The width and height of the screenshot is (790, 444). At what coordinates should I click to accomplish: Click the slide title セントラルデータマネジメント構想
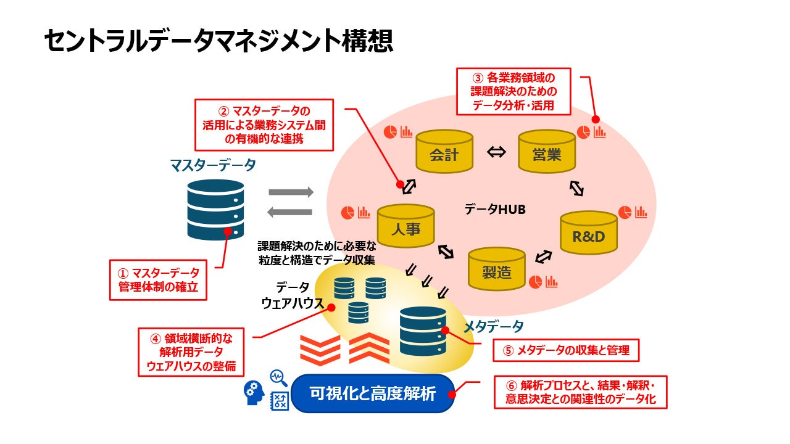point(218,41)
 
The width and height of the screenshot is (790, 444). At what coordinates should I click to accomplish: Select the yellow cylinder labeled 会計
point(444,152)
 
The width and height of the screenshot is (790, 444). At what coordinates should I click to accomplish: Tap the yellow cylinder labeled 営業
point(546,152)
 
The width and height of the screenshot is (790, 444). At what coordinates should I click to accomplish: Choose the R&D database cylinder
point(589,233)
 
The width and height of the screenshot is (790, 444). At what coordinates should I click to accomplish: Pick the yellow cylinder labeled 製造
point(496,269)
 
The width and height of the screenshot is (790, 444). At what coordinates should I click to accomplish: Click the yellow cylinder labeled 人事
point(405,226)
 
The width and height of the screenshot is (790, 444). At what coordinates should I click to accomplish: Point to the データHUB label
point(495,210)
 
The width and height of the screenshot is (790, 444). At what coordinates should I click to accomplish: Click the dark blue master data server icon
point(215,210)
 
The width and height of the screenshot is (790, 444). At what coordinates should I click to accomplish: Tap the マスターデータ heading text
point(212,165)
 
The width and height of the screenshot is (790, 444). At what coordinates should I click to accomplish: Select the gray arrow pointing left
point(290,212)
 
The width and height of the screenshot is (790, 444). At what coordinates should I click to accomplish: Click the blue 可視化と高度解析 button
point(373,393)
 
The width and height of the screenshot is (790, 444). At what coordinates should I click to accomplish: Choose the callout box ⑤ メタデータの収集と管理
point(565,351)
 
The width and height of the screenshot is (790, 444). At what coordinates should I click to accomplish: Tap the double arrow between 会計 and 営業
point(496,152)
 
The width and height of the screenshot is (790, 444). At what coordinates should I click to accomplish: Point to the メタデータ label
point(493,326)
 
